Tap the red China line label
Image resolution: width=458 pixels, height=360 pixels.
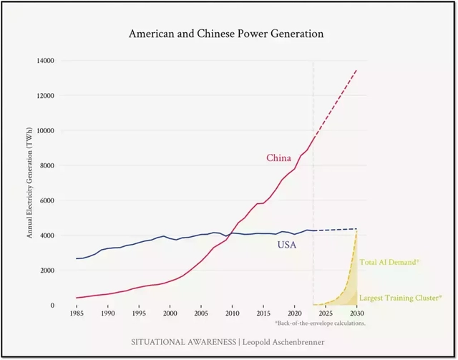[278, 157]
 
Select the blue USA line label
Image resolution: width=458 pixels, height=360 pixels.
[288, 245]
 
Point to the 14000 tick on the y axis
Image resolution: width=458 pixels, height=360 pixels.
[45, 61]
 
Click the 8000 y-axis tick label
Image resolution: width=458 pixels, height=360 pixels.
[47, 165]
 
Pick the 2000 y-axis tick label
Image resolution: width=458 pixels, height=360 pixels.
[47, 271]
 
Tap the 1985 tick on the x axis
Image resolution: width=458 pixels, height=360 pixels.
[76, 313]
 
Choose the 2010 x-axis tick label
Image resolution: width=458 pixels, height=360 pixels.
[232, 313]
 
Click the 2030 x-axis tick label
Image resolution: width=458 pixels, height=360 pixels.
[356, 313]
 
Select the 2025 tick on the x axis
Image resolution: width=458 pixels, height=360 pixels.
[326, 313]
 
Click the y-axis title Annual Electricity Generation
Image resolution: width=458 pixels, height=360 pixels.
[31, 183]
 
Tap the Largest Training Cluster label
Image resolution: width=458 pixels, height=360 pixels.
[400, 298]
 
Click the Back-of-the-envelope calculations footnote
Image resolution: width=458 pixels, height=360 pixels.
[320, 323]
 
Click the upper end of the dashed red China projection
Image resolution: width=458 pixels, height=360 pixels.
[356, 70]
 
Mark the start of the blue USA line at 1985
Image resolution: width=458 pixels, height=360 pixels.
[77, 258]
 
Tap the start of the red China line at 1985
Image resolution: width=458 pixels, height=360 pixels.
[77, 298]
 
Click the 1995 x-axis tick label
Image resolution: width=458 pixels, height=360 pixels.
[139, 313]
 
